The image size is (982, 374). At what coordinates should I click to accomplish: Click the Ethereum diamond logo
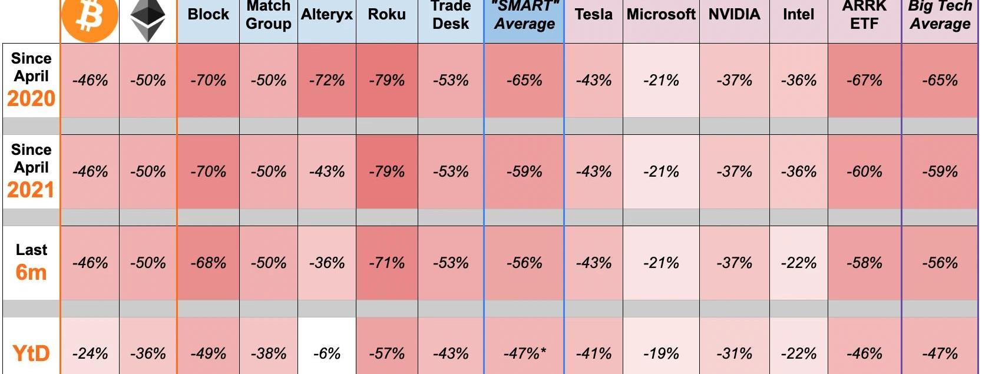point(147,20)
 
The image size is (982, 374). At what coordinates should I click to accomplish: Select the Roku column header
point(386,15)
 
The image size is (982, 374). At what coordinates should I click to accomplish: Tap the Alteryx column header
point(326,15)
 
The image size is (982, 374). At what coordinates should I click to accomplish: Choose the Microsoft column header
point(661,15)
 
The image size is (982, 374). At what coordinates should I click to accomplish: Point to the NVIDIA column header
point(734,15)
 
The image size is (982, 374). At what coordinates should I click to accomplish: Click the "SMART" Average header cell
point(524,16)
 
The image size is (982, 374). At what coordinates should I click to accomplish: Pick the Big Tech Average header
point(940,16)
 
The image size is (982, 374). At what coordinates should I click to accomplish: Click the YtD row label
point(31,353)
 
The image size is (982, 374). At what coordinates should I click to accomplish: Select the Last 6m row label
point(31,262)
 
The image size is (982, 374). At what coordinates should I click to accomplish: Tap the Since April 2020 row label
point(31,79)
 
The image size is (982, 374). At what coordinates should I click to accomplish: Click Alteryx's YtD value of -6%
point(326,353)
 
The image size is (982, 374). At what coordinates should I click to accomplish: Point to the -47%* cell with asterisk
point(524,353)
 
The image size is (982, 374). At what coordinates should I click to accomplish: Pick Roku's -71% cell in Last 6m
point(386,263)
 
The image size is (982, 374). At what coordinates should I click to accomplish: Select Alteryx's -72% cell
point(326,80)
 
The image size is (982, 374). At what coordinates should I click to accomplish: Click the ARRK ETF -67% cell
point(864,80)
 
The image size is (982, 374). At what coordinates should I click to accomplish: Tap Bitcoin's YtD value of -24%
point(90,353)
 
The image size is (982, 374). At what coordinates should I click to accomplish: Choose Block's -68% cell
point(208,263)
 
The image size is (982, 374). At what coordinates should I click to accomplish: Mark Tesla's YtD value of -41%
point(593,353)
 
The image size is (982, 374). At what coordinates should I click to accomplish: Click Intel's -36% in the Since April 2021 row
point(798,171)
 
